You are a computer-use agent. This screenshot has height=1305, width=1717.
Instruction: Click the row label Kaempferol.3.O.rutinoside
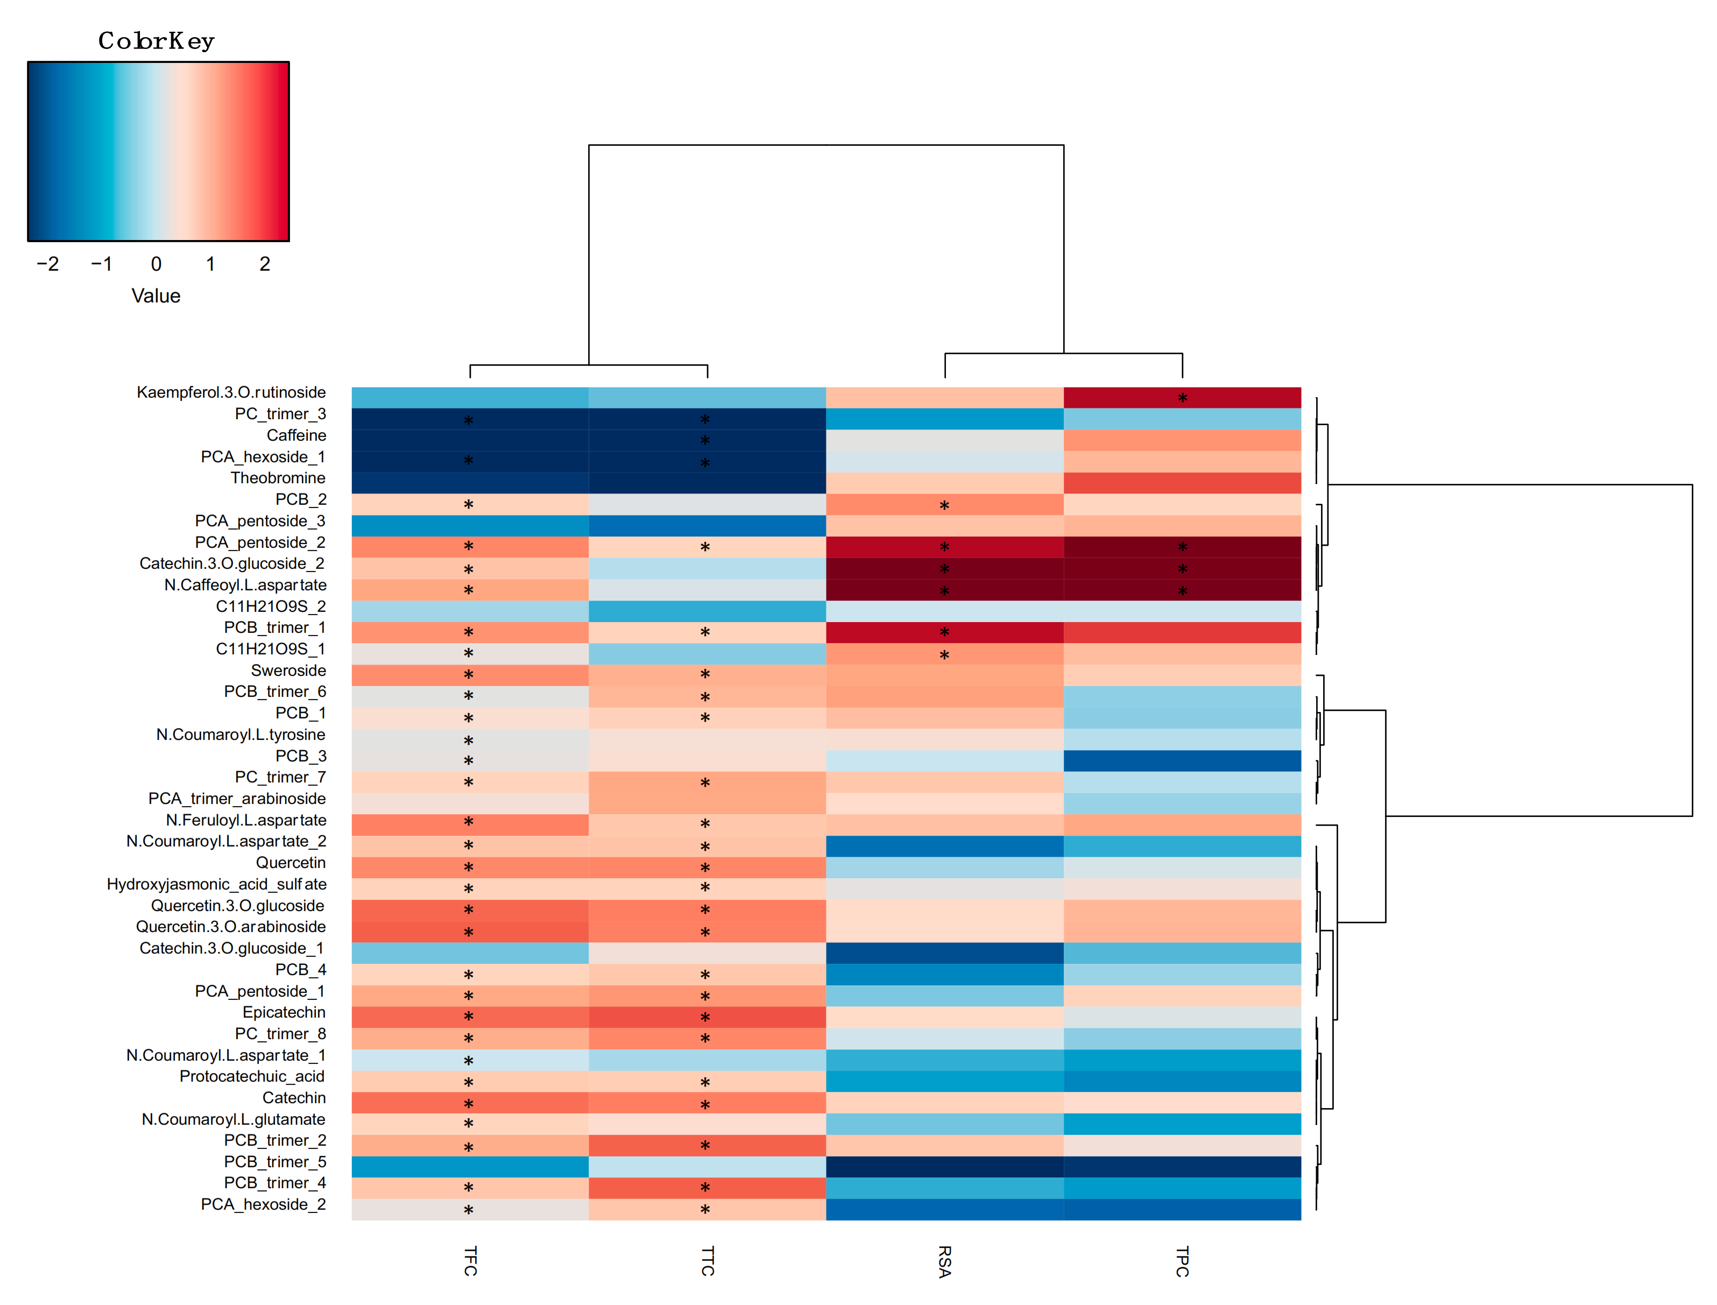[231, 392]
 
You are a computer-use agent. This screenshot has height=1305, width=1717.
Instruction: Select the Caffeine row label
[296, 435]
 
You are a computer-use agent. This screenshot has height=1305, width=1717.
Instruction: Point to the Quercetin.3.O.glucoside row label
[238, 906]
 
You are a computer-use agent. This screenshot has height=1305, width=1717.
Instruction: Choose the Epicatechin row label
[284, 1012]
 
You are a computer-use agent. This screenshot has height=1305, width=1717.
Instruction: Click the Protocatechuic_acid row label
[252, 1077]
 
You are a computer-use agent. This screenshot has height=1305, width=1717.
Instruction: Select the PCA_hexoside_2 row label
[263, 1205]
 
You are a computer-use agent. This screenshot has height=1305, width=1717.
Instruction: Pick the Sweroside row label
[288, 671]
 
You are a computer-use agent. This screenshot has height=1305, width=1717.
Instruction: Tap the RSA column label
[945, 1261]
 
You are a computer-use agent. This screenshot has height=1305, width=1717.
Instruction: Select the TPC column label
[1182, 1261]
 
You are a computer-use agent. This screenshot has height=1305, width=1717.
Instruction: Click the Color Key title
[156, 40]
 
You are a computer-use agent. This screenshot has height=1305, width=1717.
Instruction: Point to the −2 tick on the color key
[47, 264]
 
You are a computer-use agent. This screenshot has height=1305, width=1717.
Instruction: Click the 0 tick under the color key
[156, 264]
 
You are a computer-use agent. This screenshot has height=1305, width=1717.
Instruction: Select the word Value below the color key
[156, 296]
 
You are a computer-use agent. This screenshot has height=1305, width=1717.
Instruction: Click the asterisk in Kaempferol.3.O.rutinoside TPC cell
[1182, 398]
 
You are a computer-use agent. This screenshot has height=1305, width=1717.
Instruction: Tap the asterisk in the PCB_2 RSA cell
[944, 506]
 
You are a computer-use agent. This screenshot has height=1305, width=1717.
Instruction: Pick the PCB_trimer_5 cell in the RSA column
[944, 1167]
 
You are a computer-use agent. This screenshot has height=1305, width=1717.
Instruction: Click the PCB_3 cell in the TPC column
[1182, 760]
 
